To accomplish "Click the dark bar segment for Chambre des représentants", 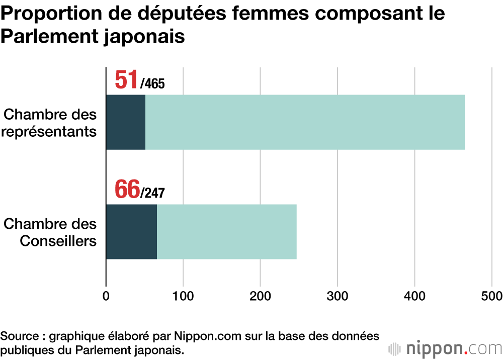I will coord(126,122).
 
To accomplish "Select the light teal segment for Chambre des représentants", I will coord(305,122).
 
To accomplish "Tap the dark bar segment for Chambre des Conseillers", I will coord(131,231).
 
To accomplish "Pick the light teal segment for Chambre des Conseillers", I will coord(226,231).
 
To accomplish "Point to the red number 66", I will coord(127,189).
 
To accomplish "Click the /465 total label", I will coord(152,83).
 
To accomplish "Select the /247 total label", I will coord(152,193).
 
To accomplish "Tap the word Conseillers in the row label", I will coord(58,241).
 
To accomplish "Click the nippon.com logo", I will coord(446,348).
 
